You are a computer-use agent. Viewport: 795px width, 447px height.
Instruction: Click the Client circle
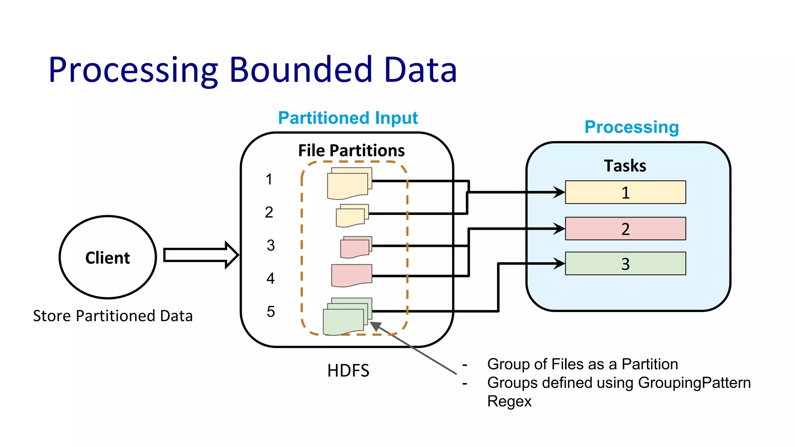coord(108,257)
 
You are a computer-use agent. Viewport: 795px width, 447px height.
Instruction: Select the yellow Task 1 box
coord(625,192)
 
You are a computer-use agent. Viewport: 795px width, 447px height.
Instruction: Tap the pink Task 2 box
coord(625,229)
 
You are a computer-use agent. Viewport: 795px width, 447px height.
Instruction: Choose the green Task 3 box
coord(625,264)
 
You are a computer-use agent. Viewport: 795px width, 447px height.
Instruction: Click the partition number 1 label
coord(269,179)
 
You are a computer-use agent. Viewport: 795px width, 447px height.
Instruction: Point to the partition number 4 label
coord(271,278)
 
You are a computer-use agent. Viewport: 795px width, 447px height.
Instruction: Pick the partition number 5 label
coord(271,312)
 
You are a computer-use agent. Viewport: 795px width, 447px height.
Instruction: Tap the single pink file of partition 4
coord(351,275)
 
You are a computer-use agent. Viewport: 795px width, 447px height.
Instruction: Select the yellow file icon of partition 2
coord(352,216)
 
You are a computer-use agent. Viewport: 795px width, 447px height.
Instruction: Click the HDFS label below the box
coord(348,371)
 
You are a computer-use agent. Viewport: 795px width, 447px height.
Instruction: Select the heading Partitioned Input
coord(348,118)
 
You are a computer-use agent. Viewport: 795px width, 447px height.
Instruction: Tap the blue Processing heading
coord(632,127)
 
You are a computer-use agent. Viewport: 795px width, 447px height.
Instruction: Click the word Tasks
coord(625,166)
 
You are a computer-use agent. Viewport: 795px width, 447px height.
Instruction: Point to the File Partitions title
coord(351,151)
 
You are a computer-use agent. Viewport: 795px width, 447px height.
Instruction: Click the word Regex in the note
coord(509,401)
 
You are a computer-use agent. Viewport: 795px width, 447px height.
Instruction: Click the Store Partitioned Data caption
coord(113,316)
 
